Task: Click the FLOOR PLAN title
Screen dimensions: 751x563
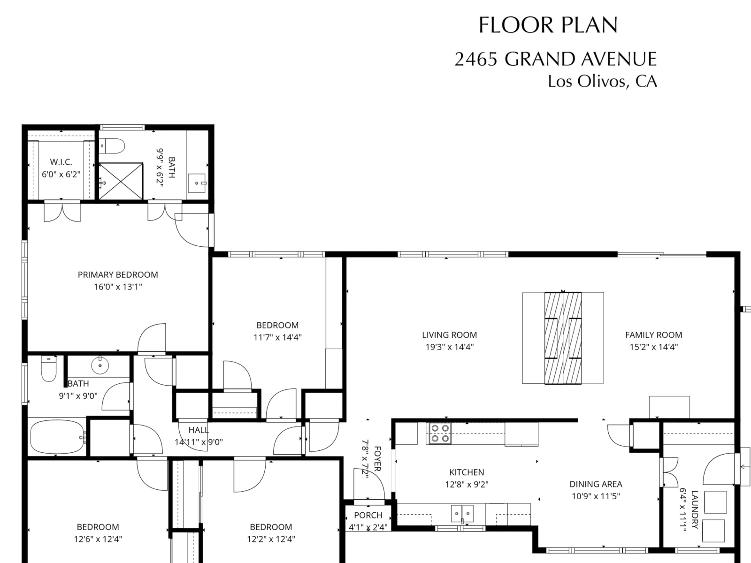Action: tap(548, 25)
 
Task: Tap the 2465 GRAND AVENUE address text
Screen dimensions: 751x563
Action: tap(555, 59)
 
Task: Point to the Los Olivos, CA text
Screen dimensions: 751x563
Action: tap(602, 81)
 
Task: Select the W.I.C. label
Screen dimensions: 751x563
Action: tap(61, 162)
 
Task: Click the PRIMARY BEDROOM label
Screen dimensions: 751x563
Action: tap(118, 275)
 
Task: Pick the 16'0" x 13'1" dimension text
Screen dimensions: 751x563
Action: tap(118, 287)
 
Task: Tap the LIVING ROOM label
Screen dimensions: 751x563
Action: tap(449, 335)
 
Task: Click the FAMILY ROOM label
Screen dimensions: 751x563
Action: tap(653, 335)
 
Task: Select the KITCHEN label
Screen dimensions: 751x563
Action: tap(467, 472)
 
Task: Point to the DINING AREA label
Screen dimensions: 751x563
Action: tap(596, 484)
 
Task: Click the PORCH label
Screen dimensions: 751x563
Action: tap(368, 515)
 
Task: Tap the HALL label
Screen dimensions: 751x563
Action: tap(199, 430)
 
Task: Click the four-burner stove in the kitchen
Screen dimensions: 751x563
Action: tap(440, 434)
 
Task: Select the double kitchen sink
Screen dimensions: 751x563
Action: tap(462, 513)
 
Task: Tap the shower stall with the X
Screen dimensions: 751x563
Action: tap(121, 181)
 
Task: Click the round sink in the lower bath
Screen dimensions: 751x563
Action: tap(100, 365)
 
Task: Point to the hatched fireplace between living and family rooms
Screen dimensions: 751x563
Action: tap(563, 338)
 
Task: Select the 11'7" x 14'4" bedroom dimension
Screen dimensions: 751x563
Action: tap(277, 337)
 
